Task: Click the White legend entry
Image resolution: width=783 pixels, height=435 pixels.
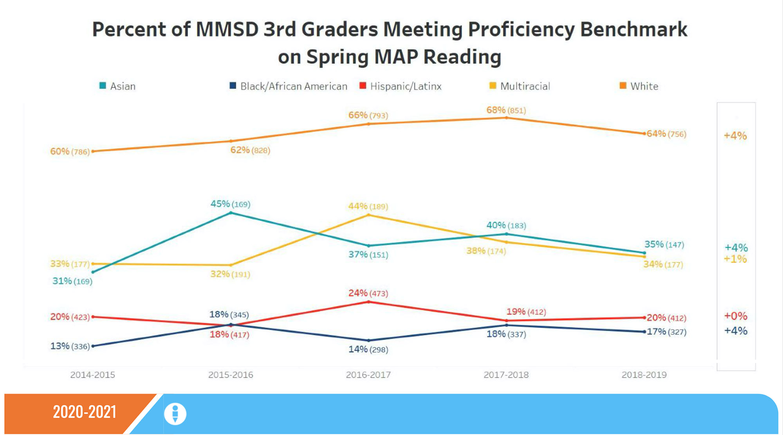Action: point(639,86)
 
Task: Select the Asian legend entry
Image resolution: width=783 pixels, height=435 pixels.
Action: point(117,86)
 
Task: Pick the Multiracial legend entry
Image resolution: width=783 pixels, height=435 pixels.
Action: point(520,86)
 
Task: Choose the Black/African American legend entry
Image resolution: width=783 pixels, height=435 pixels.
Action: point(289,86)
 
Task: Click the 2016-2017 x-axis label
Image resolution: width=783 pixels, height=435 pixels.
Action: point(368,375)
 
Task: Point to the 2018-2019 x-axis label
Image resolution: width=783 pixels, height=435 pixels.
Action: point(644,375)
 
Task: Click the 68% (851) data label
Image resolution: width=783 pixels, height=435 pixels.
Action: point(506,110)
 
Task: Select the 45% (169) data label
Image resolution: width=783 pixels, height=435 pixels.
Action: point(230,204)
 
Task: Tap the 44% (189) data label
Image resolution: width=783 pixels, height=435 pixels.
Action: point(368,206)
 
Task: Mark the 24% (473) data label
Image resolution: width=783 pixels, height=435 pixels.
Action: point(368,293)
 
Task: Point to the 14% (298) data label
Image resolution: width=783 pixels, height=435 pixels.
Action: point(368,349)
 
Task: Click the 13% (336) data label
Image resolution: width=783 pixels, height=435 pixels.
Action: point(70,346)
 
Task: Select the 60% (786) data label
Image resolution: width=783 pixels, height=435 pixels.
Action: point(70,151)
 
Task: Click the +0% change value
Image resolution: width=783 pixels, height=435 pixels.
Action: point(736,316)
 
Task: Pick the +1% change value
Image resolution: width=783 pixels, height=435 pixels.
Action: point(735,259)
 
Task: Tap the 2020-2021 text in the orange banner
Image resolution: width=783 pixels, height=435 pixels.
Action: point(85,412)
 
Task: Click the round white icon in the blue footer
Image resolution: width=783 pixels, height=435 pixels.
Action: point(175,413)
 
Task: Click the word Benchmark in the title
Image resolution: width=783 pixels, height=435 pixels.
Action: point(633,29)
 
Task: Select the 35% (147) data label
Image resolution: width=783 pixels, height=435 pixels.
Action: point(664,244)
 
